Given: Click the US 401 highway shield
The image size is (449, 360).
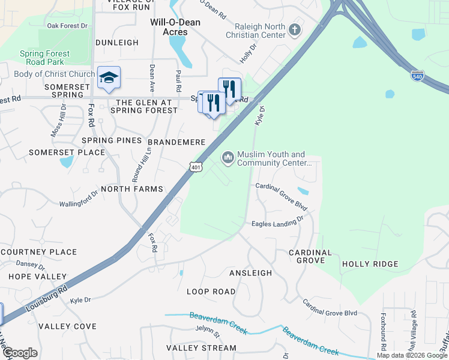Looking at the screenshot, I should pos(196,167).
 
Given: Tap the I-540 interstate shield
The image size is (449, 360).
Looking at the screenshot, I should pos(418,76).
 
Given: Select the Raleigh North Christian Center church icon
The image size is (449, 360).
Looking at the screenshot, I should pos(294,29).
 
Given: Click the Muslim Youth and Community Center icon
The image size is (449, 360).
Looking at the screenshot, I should pos(228,158).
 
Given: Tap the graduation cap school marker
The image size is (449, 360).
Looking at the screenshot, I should pos(109,78).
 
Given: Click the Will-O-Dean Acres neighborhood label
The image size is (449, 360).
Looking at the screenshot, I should pos(175,27).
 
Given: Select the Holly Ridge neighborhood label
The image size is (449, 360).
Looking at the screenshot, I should pos(370,264).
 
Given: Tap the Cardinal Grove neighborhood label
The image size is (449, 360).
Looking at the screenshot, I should pos(310,256).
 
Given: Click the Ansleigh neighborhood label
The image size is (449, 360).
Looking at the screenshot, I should pos(250,273).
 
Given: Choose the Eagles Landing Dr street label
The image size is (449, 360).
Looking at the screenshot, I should pos(278,223).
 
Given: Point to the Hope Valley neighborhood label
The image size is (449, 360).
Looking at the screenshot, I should pos(37,277).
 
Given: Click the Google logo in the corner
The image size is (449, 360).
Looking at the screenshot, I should pos(19,353).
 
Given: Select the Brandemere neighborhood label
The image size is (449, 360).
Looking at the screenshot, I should pos(177,142).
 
